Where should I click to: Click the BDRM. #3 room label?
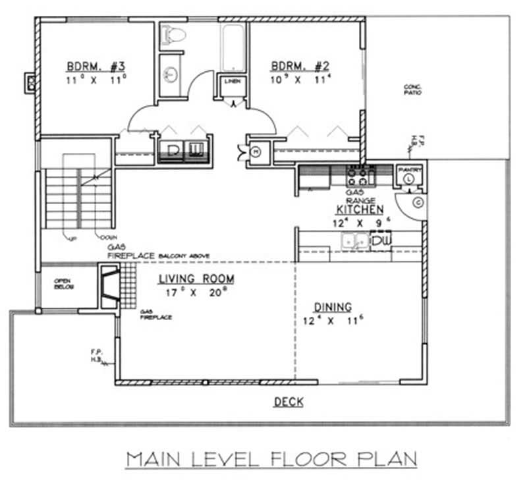(96, 67)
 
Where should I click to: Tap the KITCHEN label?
(360, 209)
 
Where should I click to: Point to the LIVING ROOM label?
(196, 280)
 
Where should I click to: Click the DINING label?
(332, 307)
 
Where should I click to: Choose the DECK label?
(289, 401)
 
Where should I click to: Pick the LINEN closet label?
(232, 82)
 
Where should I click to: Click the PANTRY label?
(409, 169)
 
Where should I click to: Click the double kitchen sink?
(354, 242)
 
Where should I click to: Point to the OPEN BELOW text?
(63, 284)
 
